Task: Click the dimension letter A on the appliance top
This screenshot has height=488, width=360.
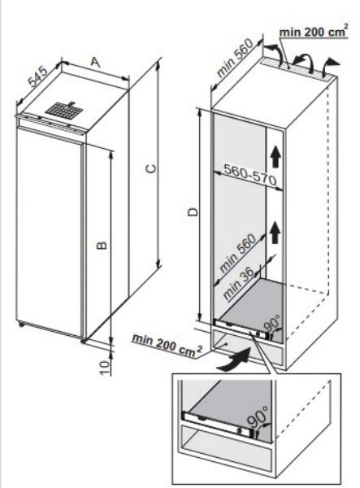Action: point(96,63)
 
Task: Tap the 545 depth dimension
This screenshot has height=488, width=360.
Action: point(38,76)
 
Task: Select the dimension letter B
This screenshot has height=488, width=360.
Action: point(102,246)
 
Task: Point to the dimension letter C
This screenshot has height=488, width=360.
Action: point(151,168)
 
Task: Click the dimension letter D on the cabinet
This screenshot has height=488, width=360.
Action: point(193,212)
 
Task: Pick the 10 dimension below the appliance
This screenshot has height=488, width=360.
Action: point(106,368)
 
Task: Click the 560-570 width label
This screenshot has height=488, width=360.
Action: point(250,175)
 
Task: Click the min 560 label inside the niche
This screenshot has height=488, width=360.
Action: point(238,253)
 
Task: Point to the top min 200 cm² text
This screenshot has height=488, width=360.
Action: point(313,32)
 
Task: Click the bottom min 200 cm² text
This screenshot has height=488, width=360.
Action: point(167,346)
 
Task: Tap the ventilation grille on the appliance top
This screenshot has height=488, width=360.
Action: point(64,110)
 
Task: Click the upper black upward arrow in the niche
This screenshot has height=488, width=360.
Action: point(275,157)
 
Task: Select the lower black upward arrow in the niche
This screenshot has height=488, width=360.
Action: point(275,233)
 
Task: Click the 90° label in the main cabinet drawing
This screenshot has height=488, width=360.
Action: point(271,324)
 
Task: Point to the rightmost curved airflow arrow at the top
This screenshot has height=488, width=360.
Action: point(329,66)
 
